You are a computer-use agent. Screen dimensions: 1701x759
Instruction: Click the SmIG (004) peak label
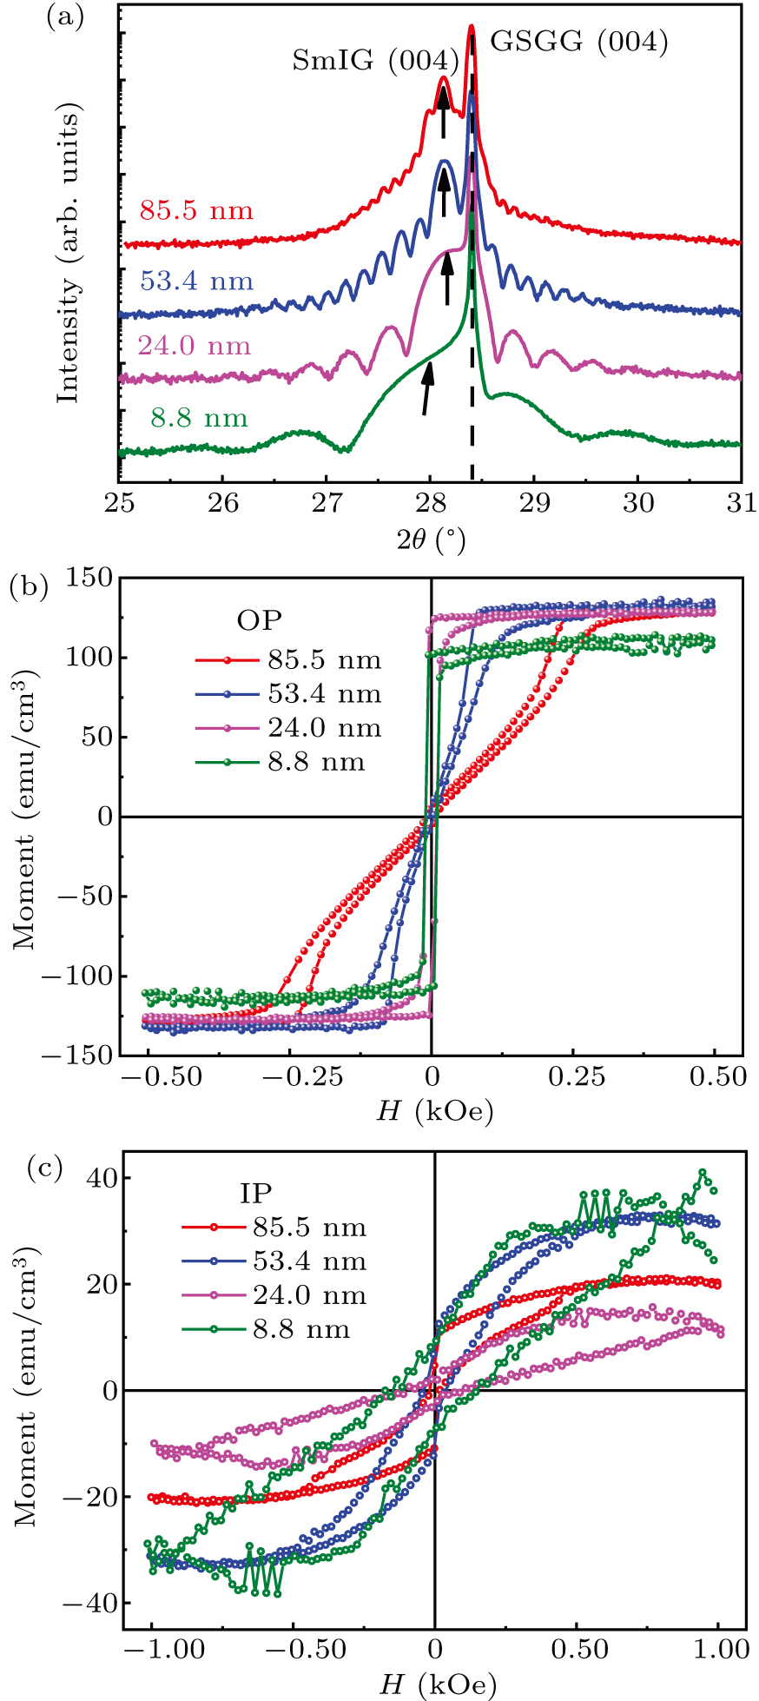tap(375, 60)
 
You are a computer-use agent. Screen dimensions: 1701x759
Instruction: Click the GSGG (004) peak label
tap(579, 41)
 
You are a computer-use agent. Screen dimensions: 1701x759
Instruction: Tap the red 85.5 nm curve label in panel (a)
tap(196, 210)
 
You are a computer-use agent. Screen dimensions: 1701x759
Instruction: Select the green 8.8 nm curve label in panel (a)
tap(199, 419)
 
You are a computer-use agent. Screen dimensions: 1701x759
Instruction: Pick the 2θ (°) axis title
tap(431, 541)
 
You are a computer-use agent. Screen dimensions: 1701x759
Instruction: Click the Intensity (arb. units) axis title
tap(69, 254)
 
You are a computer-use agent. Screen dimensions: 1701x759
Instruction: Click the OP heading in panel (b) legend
tap(260, 620)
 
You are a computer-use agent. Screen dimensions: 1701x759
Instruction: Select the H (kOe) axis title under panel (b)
tap(434, 1111)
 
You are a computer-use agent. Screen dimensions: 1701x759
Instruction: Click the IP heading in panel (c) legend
tap(256, 1193)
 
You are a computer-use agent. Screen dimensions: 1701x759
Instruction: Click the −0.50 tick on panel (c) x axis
tap(293, 1649)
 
